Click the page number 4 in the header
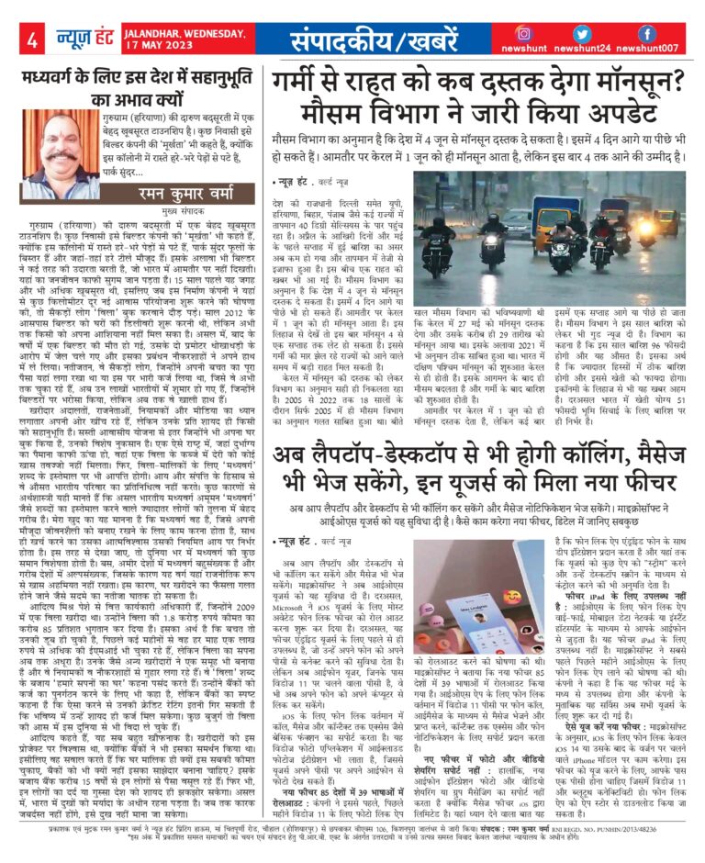[x=32, y=39]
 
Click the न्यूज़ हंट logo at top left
[x=83, y=38]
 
